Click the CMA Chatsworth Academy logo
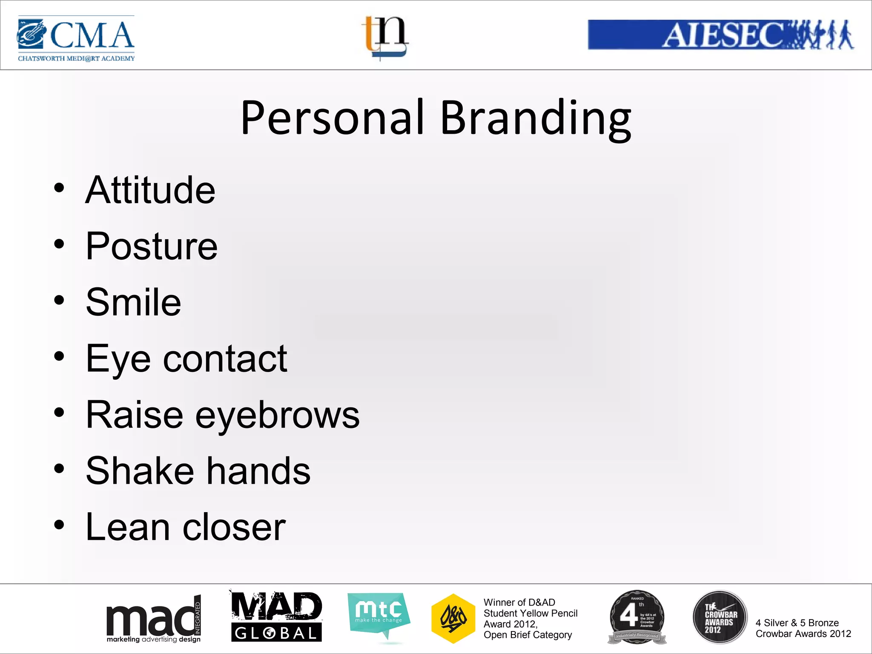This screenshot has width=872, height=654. (76, 38)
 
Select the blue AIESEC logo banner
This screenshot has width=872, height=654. (720, 34)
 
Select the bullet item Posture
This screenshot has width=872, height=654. (152, 246)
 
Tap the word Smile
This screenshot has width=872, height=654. (133, 302)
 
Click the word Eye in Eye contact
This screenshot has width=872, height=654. (118, 359)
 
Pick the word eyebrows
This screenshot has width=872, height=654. (277, 415)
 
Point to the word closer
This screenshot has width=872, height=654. (234, 527)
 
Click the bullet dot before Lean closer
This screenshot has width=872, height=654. (59, 525)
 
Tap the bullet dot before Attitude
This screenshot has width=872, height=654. (59, 187)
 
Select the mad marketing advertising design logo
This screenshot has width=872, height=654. (153, 619)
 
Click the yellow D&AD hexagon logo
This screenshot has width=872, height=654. (453, 618)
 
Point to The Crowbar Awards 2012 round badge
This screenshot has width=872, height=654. (720, 617)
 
